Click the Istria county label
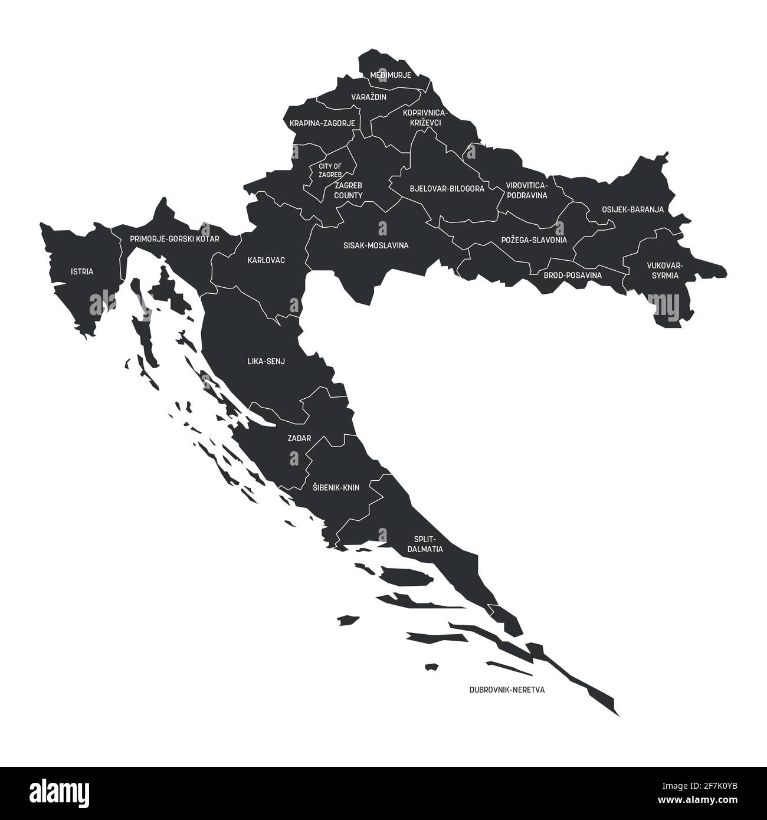[x=81, y=272]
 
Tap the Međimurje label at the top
[x=390, y=76]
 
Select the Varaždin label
[x=369, y=97]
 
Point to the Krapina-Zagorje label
[x=322, y=123]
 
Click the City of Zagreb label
[x=330, y=170]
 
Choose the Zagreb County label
[x=349, y=190]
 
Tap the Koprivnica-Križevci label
[x=425, y=117]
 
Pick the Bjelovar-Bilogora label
[x=447, y=189]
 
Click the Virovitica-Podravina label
[x=527, y=190]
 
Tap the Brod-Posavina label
[x=572, y=275]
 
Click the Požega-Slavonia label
[x=534, y=240]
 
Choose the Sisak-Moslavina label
[x=376, y=245]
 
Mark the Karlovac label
[x=267, y=260]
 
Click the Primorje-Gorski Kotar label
[x=175, y=239]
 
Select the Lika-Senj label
[x=266, y=361]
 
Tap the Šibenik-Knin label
[x=335, y=488]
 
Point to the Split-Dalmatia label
[x=425, y=544]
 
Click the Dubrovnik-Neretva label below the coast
[x=507, y=689]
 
